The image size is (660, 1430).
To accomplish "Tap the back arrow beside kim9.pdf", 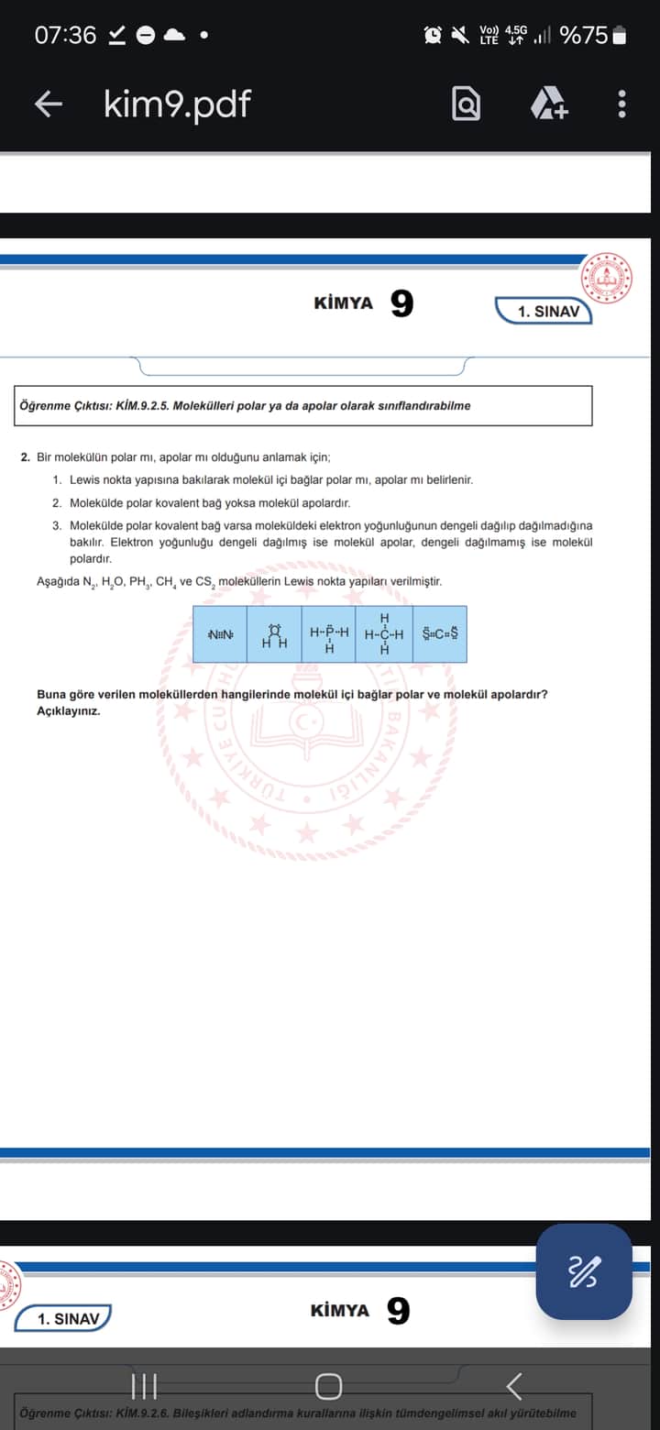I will (49, 104).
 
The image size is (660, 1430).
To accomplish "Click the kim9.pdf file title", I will (176, 104).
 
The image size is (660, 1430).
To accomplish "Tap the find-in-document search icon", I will (466, 104).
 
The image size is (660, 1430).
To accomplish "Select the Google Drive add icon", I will (549, 104).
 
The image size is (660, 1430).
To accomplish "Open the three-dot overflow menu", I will (621, 104).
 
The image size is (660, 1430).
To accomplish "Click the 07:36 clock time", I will (65, 35).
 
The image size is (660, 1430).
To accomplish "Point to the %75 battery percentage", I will (584, 35).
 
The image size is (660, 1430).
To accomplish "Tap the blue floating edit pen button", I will (584, 1271).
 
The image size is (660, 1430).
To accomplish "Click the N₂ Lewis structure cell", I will (220, 634).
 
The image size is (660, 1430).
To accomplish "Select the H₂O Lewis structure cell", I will (274, 634).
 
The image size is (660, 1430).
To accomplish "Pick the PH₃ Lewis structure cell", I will (329, 634).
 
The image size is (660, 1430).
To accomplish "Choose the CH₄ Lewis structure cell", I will (384, 634).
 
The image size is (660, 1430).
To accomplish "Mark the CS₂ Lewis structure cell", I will (440, 634).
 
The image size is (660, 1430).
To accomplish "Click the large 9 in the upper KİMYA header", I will (401, 303).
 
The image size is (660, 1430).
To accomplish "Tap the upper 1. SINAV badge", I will (547, 312).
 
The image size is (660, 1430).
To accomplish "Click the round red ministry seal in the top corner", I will (606, 277).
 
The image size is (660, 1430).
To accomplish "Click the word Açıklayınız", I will (68, 711).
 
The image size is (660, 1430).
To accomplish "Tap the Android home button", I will (329, 1386).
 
